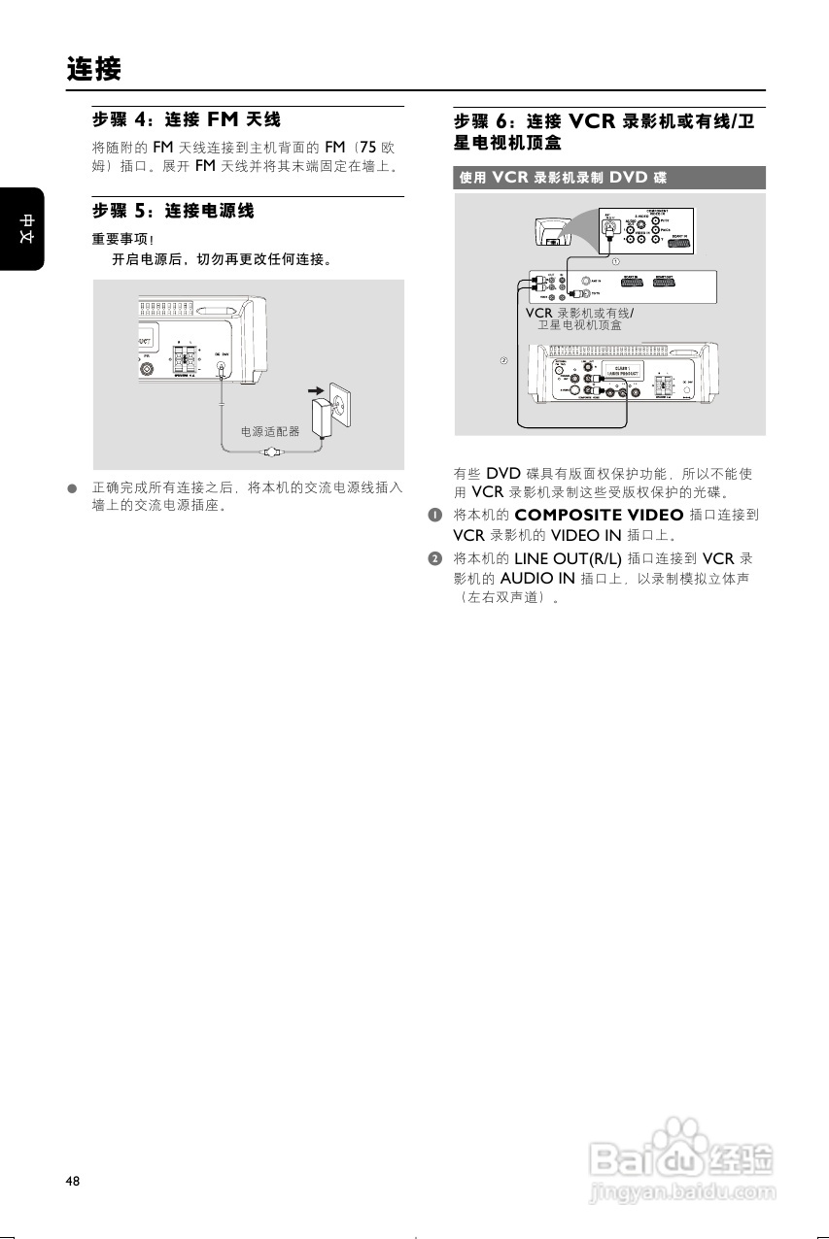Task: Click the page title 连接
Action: point(94,70)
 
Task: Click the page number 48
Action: point(73,1181)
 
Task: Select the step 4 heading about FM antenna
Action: point(187,119)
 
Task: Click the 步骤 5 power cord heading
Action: point(173,210)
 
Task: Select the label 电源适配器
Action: point(270,431)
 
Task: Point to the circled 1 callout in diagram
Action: point(615,261)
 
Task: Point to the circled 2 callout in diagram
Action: point(503,361)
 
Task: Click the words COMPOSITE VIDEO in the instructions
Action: point(599,515)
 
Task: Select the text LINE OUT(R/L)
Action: point(568,558)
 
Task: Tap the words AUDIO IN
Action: point(537,578)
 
